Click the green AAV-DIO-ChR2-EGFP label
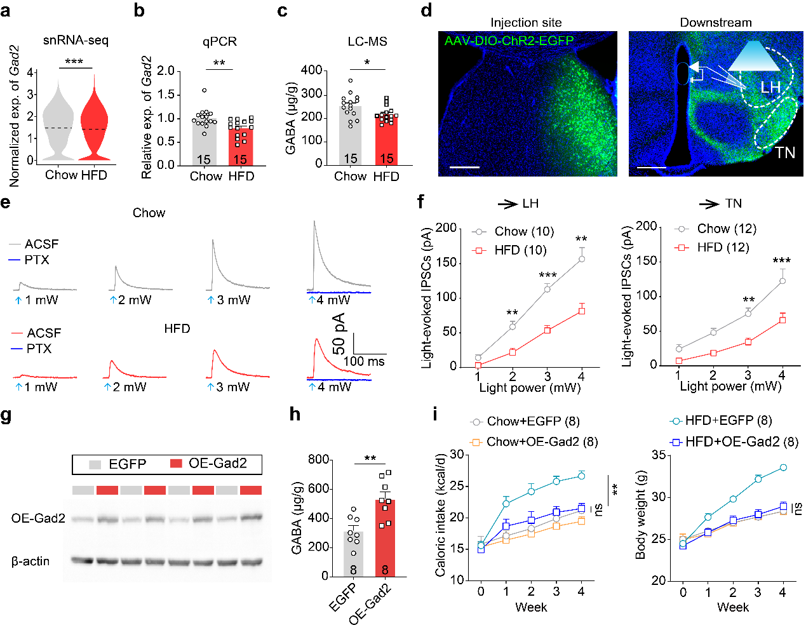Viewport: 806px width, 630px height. pyautogui.click(x=509, y=41)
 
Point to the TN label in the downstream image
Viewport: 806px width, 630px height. pyautogui.click(x=785, y=152)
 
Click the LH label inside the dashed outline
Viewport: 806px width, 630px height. pyautogui.click(x=770, y=87)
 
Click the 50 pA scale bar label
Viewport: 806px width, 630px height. pyautogui.click(x=339, y=333)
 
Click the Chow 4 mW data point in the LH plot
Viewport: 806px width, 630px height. pyautogui.click(x=581, y=258)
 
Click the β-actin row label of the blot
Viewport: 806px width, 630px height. pyautogui.click(x=30, y=561)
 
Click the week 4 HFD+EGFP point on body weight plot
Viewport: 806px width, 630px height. pyautogui.click(x=783, y=467)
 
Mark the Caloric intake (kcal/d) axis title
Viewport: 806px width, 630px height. pyautogui.click(x=440, y=516)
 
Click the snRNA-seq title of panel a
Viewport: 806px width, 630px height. pyautogui.click(x=76, y=41)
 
